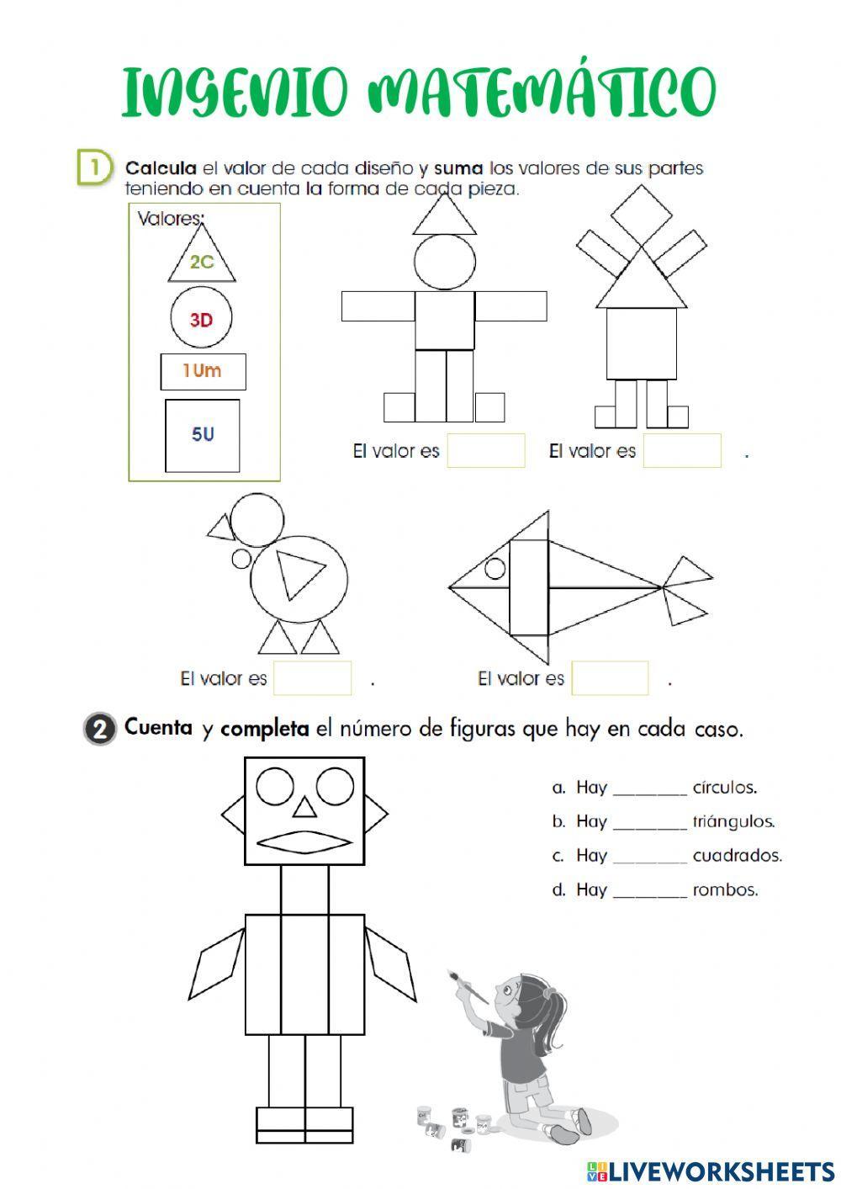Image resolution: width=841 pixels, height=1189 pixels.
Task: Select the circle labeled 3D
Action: coord(201,319)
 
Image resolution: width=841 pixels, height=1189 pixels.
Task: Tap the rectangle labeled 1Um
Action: coord(203,371)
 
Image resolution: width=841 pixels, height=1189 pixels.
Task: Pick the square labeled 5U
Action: coord(203,435)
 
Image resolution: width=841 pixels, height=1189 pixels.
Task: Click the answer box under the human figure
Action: coord(485,450)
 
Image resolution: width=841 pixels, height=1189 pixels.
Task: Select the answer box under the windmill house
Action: coord(682,450)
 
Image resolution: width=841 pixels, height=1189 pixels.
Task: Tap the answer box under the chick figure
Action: coord(312,678)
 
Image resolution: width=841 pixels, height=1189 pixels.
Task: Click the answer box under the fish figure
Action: coord(610,678)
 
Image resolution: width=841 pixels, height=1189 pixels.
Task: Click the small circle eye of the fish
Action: coord(495,569)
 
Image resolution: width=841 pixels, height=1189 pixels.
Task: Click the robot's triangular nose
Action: coord(304,809)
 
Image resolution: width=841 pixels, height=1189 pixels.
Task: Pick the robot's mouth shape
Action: coord(304,842)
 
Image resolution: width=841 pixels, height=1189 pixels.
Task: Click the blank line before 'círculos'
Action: coord(650,789)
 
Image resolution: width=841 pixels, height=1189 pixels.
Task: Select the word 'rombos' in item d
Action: coord(725,889)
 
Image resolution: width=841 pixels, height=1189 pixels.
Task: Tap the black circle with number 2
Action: coord(99,729)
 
